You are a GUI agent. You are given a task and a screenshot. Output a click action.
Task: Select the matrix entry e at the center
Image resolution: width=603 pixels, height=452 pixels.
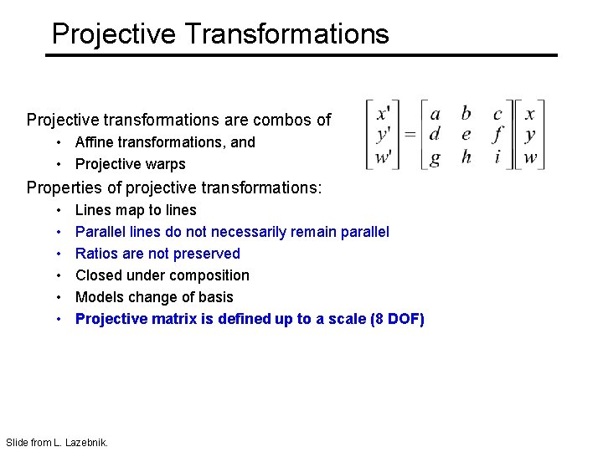466,135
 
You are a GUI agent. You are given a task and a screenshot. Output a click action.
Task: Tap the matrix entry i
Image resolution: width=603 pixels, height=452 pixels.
497,157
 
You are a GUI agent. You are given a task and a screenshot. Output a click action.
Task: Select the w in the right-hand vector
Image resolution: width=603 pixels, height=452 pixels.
530,157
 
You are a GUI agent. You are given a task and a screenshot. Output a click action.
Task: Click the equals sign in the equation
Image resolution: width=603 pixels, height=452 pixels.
410,135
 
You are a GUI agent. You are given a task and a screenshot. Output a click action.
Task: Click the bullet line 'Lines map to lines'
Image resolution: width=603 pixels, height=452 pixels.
136,210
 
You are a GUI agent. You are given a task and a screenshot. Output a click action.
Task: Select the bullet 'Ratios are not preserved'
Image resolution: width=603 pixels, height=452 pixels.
157,254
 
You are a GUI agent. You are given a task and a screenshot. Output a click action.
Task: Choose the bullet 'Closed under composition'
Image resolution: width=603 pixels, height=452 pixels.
162,275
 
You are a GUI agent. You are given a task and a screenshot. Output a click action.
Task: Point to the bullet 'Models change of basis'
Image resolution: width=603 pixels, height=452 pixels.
154,297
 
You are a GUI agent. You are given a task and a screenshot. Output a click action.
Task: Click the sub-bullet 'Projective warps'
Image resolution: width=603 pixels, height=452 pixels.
130,164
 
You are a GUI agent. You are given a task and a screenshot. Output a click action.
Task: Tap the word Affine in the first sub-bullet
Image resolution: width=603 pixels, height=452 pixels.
95,142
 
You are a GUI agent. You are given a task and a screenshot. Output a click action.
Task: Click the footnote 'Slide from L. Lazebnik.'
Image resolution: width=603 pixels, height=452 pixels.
56,442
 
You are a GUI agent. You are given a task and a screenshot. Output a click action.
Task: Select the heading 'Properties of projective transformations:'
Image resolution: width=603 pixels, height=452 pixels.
173,187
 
